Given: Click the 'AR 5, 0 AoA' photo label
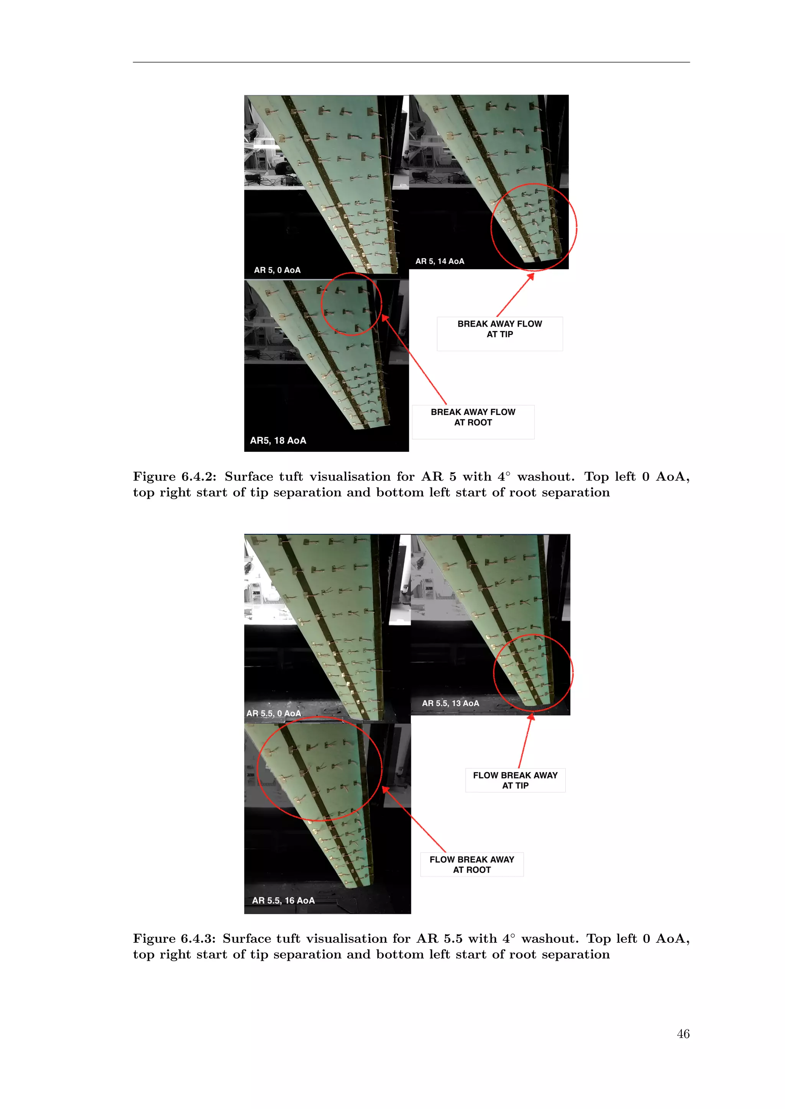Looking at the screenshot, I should pos(277,270).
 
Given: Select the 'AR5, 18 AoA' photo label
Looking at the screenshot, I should pos(278,440).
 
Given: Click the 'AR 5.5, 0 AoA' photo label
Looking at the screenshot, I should pos(274,713).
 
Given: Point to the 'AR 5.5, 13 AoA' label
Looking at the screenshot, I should pos(450,703).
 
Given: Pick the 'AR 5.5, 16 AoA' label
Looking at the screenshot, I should pos(283,900).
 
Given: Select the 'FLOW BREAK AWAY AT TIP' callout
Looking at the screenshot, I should pos(515,780).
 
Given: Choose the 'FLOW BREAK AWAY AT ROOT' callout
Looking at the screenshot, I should pos(472,864).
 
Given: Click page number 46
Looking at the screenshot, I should pos(683,1034).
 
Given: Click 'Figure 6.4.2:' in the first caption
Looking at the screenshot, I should pos(174,477).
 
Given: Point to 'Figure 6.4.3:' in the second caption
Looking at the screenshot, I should pos(174,939).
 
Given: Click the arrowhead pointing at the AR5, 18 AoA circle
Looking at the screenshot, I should pos(385,317).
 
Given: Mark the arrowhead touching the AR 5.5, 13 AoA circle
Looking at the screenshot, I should pos(531,717).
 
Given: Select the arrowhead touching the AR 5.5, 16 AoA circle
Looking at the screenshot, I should pos(385,789).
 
